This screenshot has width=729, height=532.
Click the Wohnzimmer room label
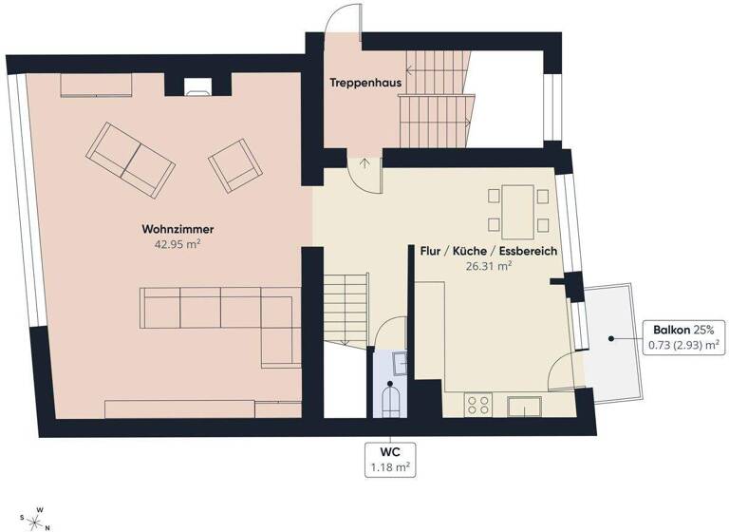click(x=178, y=229)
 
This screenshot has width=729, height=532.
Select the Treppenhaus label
click(x=365, y=84)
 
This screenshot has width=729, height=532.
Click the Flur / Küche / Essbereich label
click(x=488, y=252)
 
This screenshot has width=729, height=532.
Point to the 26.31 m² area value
click(x=488, y=267)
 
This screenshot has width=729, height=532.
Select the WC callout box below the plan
click(x=390, y=458)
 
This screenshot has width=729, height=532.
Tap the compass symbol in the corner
click(x=39, y=518)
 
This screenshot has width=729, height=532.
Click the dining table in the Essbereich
click(x=518, y=212)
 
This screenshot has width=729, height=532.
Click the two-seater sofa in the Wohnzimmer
click(x=131, y=158)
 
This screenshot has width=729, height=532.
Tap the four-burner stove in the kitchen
click(x=478, y=406)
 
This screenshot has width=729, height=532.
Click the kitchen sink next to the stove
click(x=525, y=407)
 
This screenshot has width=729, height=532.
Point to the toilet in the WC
click(x=390, y=399)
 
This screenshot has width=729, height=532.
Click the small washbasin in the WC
click(x=400, y=360)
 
